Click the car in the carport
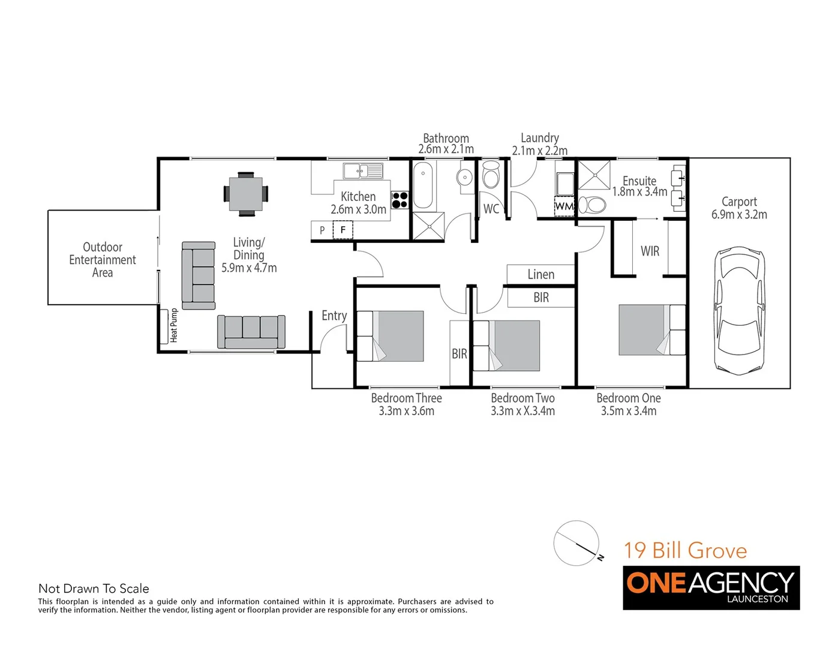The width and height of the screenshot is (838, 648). coord(740,310)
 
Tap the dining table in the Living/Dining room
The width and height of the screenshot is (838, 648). coord(245,193)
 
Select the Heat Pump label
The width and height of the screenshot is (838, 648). coord(174,325)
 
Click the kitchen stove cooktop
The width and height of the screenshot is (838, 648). coord(400,200)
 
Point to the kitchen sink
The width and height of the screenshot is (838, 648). coord(362,171)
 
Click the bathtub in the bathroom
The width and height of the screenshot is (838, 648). coord(423,185)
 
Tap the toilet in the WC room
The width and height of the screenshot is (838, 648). coord(491,175)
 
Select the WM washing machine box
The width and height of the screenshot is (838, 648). coord(564,206)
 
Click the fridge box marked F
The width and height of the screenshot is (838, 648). coord(343,230)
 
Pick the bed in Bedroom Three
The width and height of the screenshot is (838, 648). coord(391,336)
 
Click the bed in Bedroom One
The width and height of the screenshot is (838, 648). coord(651,330)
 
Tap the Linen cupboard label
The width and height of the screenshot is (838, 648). coord(540,275)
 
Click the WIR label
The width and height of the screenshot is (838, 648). coord(650,251)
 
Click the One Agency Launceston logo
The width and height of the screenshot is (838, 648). coord(711,587)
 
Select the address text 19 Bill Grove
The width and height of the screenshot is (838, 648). coord(685,550)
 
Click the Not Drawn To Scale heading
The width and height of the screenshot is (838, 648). coord(94,589)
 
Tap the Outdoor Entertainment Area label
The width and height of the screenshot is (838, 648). coord(103,260)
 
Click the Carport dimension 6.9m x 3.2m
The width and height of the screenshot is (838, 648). coord(739,215)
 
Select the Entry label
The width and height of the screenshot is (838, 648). coord(334,316)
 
